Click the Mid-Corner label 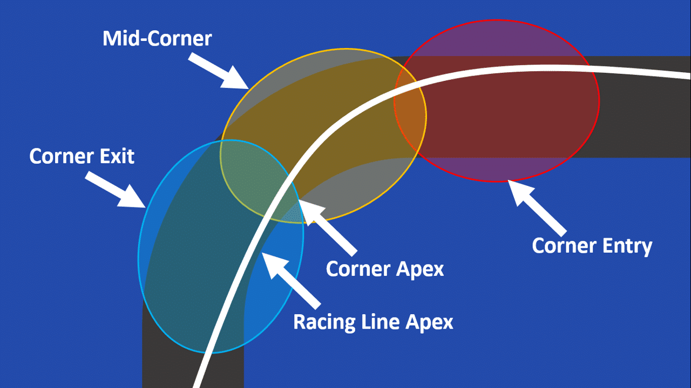[x=157, y=39]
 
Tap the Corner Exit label [x=82, y=156]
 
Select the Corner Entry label [x=592, y=246]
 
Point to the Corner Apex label [x=385, y=268]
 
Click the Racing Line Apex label [x=373, y=322]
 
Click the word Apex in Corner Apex [x=419, y=268]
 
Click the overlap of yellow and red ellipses [x=410, y=113]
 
